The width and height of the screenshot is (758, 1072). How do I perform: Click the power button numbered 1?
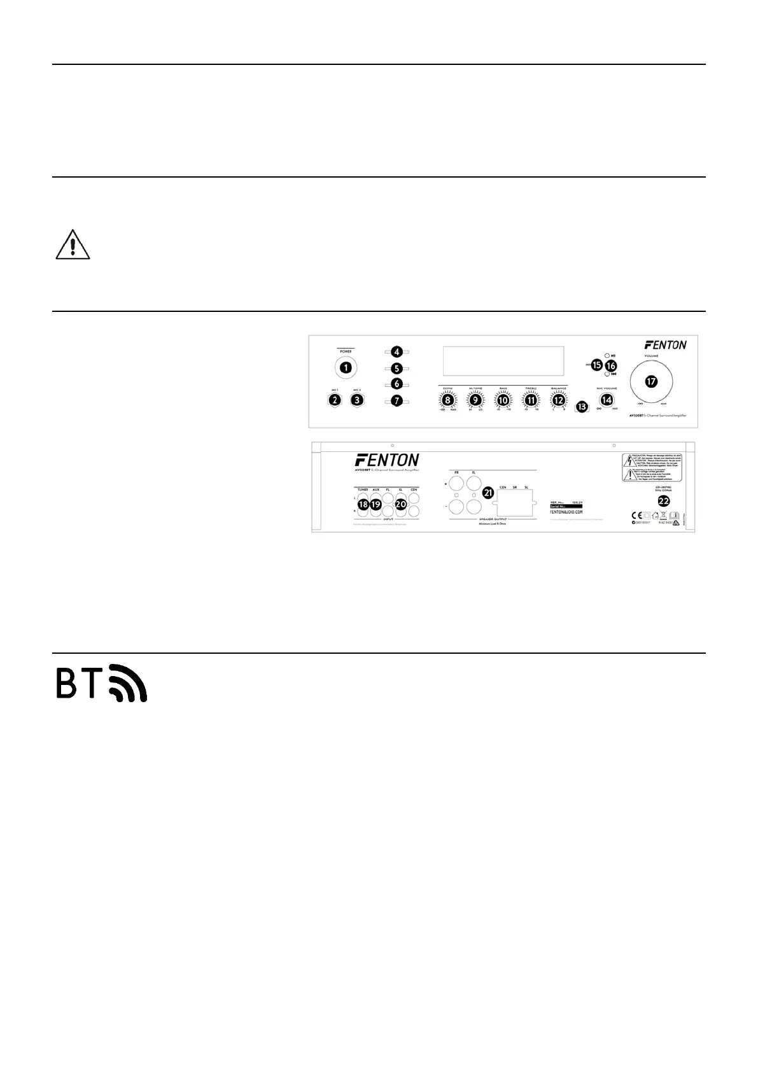(x=345, y=367)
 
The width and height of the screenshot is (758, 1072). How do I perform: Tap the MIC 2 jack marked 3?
(x=358, y=400)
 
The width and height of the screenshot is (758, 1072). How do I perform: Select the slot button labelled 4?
(x=397, y=351)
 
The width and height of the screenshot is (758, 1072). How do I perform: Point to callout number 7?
(x=397, y=401)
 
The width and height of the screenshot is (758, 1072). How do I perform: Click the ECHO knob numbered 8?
(x=449, y=400)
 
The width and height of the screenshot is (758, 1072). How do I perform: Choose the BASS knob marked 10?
(x=503, y=400)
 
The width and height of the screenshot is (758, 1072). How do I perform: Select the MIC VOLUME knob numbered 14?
(x=607, y=399)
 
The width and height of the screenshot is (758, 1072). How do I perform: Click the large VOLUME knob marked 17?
(x=650, y=381)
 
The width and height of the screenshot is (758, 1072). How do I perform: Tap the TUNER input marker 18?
(x=363, y=504)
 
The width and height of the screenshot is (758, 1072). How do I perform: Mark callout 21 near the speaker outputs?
(x=489, y=492)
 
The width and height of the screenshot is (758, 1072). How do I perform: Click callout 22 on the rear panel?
(x=663, y=500)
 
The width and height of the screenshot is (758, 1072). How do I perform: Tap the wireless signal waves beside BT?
(x=129, y=684)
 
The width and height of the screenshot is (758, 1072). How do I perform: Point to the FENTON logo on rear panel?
(x=387, y=460)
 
